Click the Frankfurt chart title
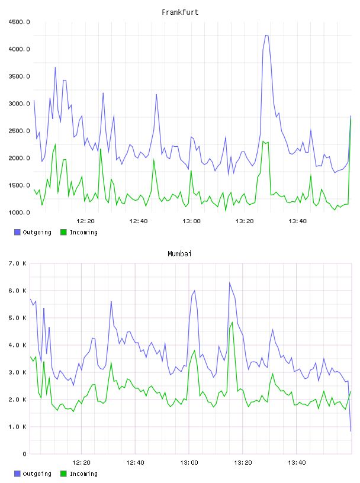(180, 12)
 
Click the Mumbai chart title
(179, 254)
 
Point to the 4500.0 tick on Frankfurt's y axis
(19, 22)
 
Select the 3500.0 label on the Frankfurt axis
(19, 76)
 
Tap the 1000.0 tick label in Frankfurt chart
(19, 212)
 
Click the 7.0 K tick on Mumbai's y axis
(17, 263)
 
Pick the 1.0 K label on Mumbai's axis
(17, 427)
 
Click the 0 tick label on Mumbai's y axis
(24, 454)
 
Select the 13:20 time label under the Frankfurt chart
(245, 221)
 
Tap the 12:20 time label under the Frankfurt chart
(85, 221)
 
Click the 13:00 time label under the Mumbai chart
(189, 463)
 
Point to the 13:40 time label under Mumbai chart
(297, 463)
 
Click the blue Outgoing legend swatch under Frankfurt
(17, 232)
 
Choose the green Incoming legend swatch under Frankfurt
(63, 232)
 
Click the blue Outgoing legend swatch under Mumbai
(17, 474)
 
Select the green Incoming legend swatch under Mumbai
(63, 474)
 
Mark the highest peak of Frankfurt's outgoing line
(266, 36)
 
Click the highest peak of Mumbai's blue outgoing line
(229, 282)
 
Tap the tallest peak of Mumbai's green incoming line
(232, 322)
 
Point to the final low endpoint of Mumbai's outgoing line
(351, 431)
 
